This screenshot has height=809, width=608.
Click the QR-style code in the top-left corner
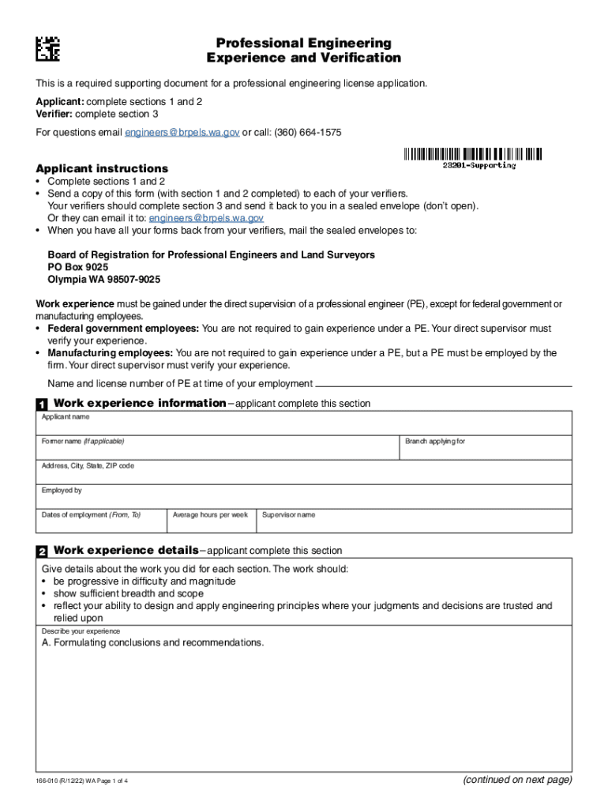coord(47,49)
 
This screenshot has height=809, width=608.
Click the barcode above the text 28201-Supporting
coord(472,154)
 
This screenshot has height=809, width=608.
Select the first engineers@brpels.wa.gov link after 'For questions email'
coord(182,133)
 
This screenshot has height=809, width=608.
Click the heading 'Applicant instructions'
coord(102,168)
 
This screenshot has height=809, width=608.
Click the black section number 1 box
coord(42,404)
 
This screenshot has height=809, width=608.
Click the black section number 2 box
coord(42,551)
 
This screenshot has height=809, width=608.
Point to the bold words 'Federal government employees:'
coord(124,328)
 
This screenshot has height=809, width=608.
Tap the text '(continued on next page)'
coord(517,780)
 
